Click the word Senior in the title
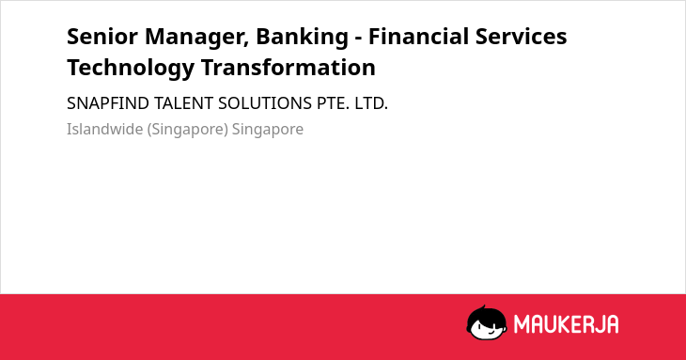[102, 37]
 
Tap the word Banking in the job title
[303, 38]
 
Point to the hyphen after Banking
[358, 39]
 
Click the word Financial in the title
[419, 37]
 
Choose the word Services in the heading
[521, 37]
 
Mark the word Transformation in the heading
[288, 68]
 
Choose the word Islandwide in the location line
[105, 130]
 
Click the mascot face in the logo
[487, 322]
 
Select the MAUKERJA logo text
[566, 324]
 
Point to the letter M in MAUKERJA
[522, 324]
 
